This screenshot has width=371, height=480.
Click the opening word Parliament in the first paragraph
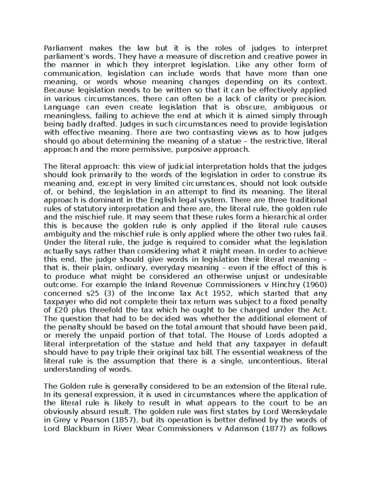click(x=63, y=48)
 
